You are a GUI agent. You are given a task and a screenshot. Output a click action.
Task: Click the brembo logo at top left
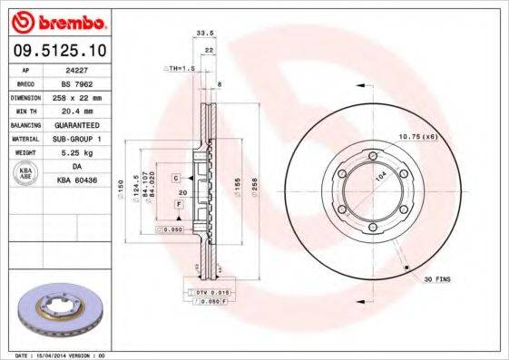56,21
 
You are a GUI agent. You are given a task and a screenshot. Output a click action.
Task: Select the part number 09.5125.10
56,51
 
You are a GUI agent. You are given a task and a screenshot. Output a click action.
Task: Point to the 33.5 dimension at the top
206,33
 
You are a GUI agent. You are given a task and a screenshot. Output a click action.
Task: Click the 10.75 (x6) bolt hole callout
418,136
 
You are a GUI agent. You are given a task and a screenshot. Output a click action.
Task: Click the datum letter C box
176,178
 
